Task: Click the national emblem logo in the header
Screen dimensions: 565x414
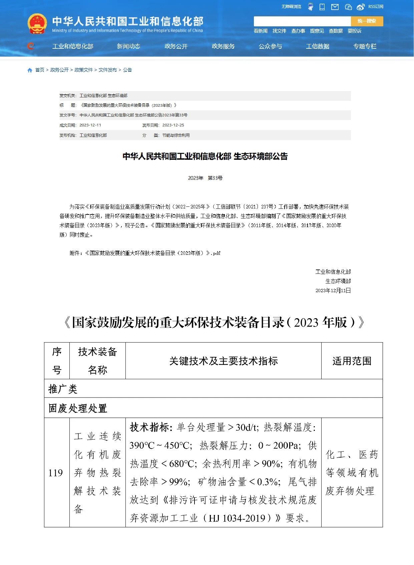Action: coord(37,23)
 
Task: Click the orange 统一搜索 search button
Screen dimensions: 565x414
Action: coord(367,21)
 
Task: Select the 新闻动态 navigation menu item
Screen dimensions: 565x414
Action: coord(128,46)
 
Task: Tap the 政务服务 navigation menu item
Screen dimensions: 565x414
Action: coord(223,46)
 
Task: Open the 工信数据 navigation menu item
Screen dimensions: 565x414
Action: coord(318,46)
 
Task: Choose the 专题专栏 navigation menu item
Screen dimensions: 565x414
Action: coord(365,46)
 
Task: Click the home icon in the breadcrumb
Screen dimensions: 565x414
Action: coord(30,70)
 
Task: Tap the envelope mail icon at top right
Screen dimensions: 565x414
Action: coord(335,7)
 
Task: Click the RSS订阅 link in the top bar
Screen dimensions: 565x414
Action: coord(376,7)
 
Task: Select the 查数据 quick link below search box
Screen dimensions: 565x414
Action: coord(336,31)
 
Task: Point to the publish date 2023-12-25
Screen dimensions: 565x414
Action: coord(173,125)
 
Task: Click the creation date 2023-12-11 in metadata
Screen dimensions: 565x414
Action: coord(90,125)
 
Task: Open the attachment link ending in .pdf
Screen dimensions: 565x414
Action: coord(145,253)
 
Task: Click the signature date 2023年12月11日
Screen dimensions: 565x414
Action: coord(333,291)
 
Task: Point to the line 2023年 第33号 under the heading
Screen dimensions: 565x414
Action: coord(205,178)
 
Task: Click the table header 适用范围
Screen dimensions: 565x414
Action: coord(352,361)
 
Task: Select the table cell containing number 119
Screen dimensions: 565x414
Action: coord(56,473)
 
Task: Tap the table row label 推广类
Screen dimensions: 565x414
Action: coord(63,389)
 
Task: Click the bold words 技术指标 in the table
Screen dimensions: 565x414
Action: coord(151,427)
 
